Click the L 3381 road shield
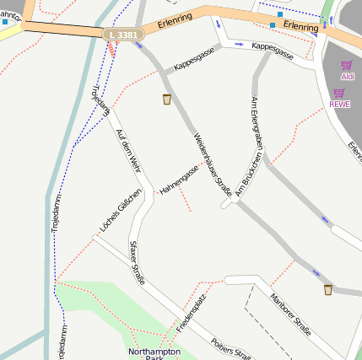pos(124,35)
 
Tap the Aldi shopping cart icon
pos(346,65)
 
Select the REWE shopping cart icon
pos(339,93)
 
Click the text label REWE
pos(339,105)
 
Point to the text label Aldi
pos(346,77)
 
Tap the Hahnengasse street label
pos(179,179)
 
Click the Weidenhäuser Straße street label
pos(212,165)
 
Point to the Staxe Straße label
pos(137,262)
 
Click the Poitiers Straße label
pos(231,347)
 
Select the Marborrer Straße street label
pos(291,312)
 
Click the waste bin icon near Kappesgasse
pos(167,99)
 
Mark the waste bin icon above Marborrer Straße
pos(328,290)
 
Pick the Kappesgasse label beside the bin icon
pos(194,58)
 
